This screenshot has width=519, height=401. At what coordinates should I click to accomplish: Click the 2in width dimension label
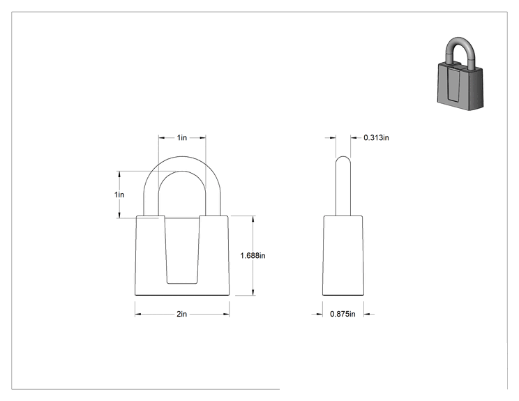pos(181,314)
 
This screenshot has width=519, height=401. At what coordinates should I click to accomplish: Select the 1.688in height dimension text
pos(253,255)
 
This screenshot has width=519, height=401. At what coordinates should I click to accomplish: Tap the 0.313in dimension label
pos(376,137)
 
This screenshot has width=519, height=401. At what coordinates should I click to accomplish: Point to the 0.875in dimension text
pos(343,314)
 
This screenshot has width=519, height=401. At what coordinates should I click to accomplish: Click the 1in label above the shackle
pos(182,137)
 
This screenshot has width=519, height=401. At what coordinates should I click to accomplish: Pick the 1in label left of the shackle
pos(119,195)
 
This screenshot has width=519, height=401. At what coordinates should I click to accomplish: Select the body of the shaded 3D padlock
pos(460,86)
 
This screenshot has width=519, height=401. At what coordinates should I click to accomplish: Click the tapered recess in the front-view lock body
pos(182,250)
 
